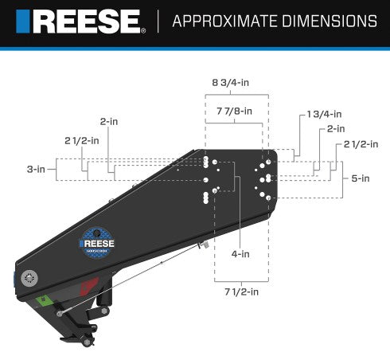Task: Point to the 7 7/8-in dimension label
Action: [234, 111]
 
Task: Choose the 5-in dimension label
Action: [360, 178]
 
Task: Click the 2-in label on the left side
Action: [109, 121]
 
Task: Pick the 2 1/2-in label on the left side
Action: [82, 140]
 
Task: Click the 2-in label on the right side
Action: [334, 128]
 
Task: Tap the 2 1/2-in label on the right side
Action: [360, 144]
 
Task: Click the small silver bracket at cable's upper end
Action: [204, 245]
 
